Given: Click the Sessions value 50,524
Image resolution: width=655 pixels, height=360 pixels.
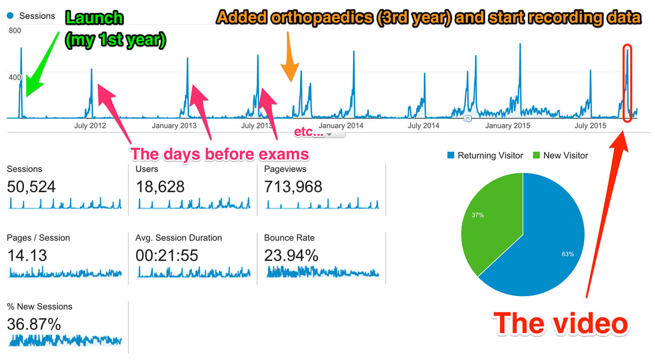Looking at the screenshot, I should [x=31, y=187].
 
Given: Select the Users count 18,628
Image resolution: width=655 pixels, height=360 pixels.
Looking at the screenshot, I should [x=160, y=187].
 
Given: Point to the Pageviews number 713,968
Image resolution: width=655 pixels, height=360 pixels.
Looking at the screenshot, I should [x=293, y=187].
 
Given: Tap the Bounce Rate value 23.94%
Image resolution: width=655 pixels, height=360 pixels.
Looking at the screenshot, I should [x=291, y=256].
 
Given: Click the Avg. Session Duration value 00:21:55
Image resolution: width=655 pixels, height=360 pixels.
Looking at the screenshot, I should [x=167, y=256].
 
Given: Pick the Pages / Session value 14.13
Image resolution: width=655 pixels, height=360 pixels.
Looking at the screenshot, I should [x=27, y=256].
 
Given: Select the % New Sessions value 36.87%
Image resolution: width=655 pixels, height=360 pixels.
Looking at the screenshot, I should [x=34, y=324].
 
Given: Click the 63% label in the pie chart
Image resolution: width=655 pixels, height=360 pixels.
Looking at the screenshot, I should [x=568, y=254].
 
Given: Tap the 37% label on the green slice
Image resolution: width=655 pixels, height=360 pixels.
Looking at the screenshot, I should [x=477, y=215].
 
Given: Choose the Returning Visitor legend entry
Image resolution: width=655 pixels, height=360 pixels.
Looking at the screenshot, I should [x=485, y=156].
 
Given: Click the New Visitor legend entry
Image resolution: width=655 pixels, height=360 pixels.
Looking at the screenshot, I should [x=561, y=156].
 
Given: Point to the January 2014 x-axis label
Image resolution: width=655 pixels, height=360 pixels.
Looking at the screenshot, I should [x=340, y=126].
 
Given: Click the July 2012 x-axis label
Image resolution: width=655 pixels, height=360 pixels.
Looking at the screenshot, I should [x=90, y=126].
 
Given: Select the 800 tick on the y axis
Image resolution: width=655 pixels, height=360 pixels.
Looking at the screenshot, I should [x=15, y=31].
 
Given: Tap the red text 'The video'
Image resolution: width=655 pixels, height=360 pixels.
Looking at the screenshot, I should [x=561, y=324].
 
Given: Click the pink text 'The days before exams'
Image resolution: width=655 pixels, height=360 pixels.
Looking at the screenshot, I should [x=219, y=154].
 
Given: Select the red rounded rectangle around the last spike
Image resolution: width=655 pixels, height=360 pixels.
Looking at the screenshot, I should [x=627, y=83].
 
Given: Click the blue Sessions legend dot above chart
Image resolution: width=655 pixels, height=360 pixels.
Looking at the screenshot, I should [x=10, y=16].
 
